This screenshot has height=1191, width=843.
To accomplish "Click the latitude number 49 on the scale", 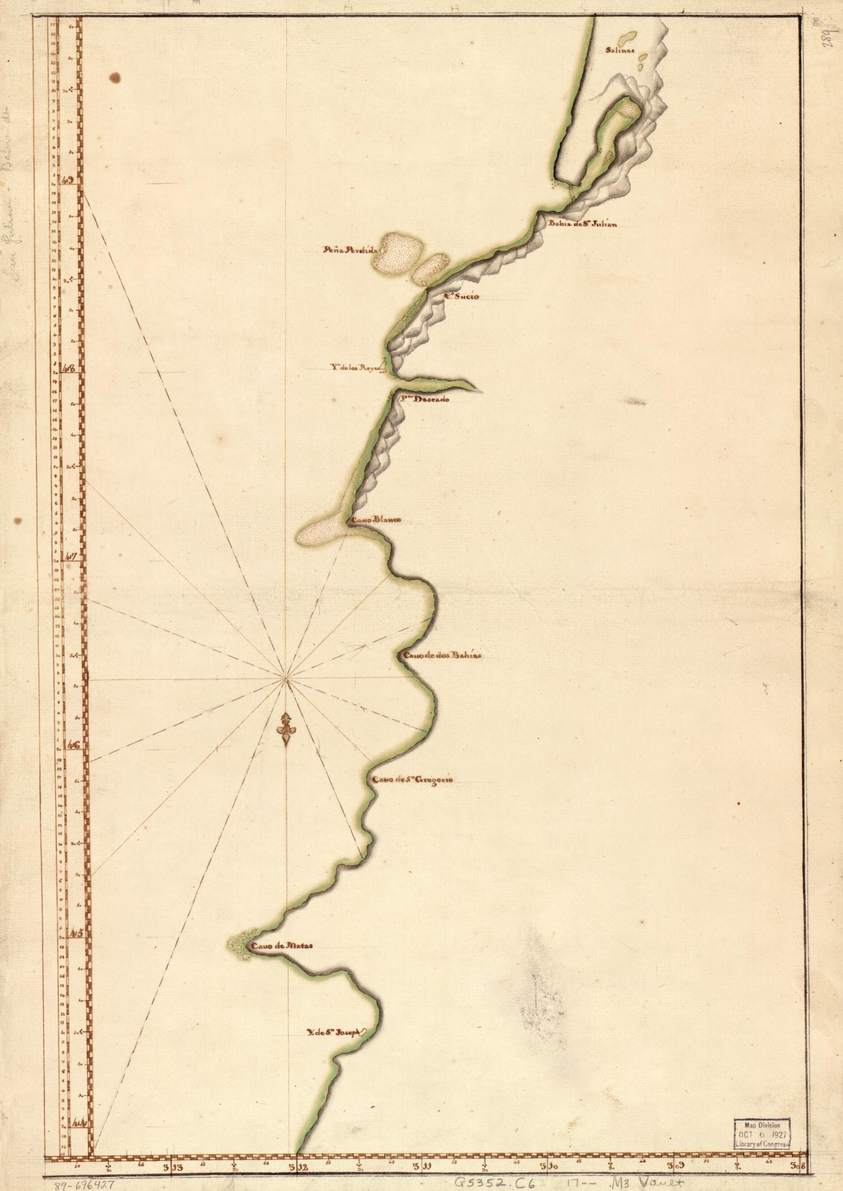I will (x=67, y=180).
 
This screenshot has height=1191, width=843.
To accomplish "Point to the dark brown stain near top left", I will (x=115, y=78).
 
